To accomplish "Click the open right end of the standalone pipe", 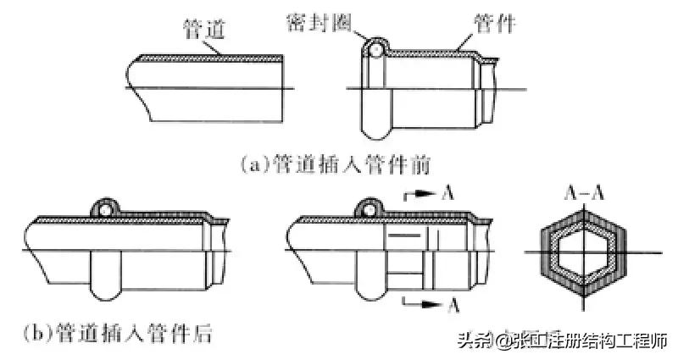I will click(x=281, y=86).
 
